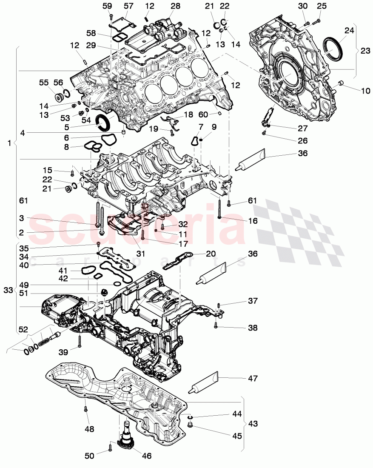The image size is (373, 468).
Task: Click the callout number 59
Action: click(x=107, y=6)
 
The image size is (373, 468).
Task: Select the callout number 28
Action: click(x=175, y=6)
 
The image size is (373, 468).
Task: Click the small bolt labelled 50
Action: click(x=111, y=447)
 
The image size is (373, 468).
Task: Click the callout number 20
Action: click(x=211, y=254)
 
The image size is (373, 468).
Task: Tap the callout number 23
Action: click(x=365, y=51)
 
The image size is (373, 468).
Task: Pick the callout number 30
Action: click(x=302, y=6)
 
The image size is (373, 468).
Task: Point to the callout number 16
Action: click(x=253, y=221)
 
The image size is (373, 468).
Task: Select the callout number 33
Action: click(x=8, y=290)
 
